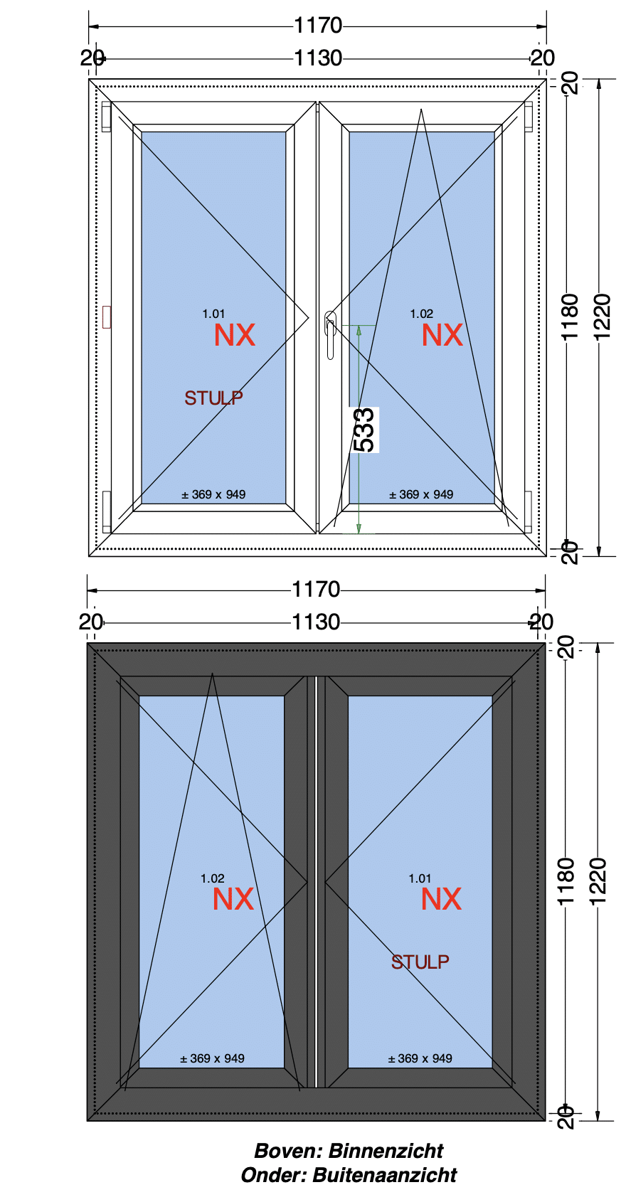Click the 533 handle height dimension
tap(364, 430)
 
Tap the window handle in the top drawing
tap(330, 334)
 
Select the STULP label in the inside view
tap(213, 398)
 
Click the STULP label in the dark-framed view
tap(420, 962)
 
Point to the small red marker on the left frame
tap(107, 317)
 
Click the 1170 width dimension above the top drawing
tap(318, 26)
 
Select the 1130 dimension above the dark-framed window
tap(316, 622)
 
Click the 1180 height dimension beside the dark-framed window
tap(566, 882)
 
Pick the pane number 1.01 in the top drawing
tap(213, 314)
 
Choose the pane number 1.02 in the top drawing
tap(421, 314)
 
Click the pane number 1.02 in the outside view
tap(212, 878)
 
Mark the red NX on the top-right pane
tap(442, 336)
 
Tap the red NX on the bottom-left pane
tap(233, 900)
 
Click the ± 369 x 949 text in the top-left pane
tap(213, 494)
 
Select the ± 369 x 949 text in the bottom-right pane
tap(420, 1058)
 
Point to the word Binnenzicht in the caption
tap(386, 1151)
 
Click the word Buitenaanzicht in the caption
tap(384, 1175)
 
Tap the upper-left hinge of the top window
tap(106, 117)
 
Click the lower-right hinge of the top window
tap(528, 511)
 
